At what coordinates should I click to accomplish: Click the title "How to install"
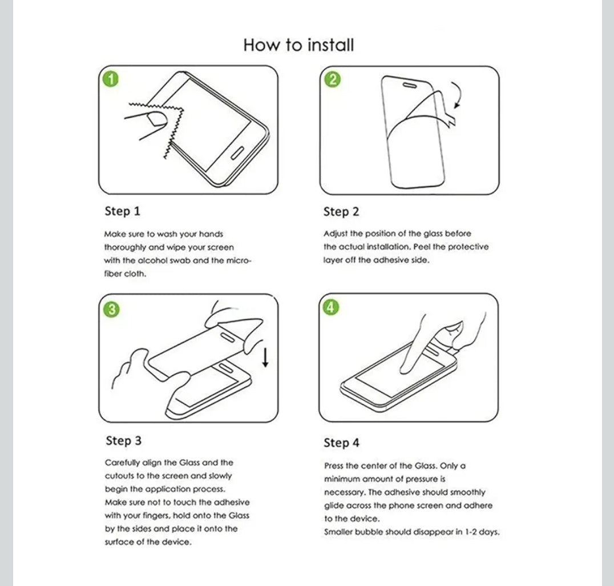coord(298,45)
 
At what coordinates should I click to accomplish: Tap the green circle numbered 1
coord(111,78)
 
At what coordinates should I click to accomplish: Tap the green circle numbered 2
coord(332,79)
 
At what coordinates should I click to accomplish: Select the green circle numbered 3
coord(112,309)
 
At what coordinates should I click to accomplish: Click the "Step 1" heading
coord(122,211)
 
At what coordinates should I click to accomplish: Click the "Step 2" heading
coord(341,212)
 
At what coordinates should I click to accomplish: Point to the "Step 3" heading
coord(123,441)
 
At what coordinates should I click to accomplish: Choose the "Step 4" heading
coord(341,443)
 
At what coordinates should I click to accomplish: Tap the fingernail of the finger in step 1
coord(154,119)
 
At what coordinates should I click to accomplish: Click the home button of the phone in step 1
coord(237,154)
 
